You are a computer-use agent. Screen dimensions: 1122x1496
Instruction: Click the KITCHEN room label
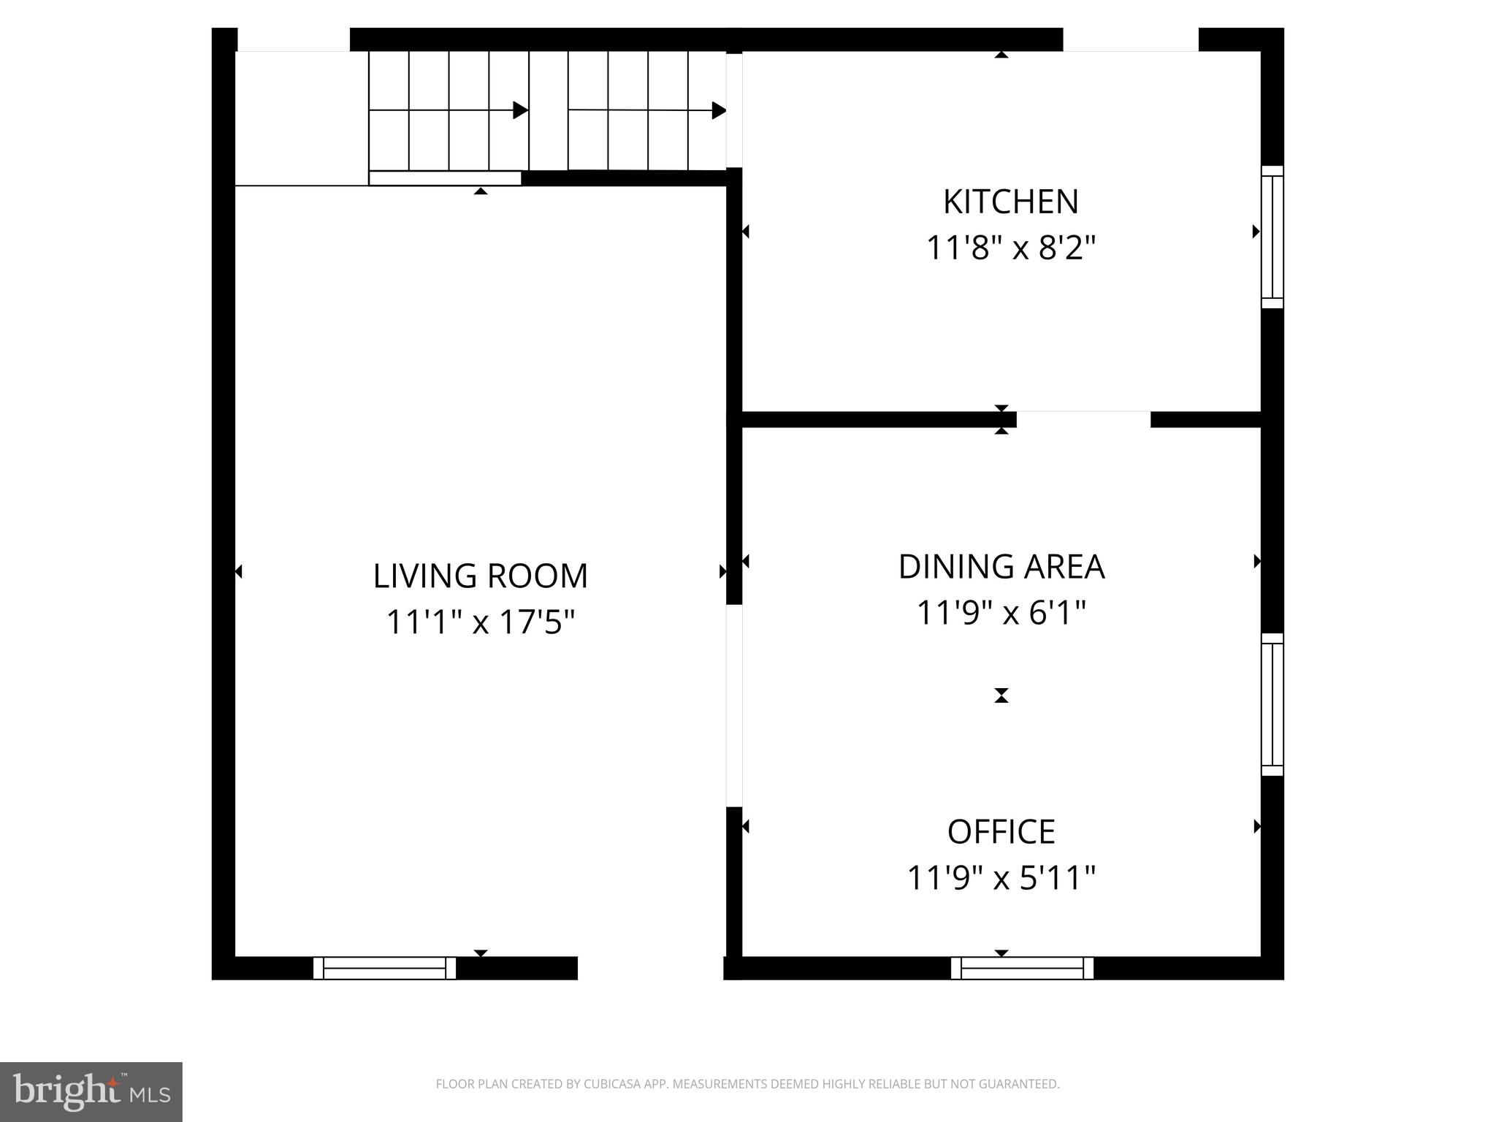pos(1010,202)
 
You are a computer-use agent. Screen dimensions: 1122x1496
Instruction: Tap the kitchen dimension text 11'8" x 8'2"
pos(1011,248)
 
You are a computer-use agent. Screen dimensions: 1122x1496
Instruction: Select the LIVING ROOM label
pos(480,576)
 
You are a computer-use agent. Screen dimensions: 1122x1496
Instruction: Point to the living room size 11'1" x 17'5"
pos(480,623)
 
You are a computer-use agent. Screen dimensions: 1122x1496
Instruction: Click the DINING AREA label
pos(1001,568)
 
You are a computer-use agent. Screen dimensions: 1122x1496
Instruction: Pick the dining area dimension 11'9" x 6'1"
pos(1001,613)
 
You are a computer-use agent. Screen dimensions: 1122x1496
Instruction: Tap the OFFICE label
pos(1001,832)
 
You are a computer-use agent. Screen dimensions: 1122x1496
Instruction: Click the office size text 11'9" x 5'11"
pos(1001,878)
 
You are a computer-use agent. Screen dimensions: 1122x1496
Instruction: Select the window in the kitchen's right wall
pos(1272,237)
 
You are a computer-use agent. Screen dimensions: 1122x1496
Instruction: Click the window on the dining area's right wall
pos(1272,704)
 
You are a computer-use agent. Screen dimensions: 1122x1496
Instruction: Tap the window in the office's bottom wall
pos(1022,968)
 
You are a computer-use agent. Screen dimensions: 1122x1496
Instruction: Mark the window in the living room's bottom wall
pos(384,968)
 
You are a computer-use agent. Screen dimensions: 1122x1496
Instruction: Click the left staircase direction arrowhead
pos(520,110)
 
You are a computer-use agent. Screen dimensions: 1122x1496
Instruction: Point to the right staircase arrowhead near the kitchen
pos(719,111)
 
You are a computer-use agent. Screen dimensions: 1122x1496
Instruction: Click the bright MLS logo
pos(91,1091)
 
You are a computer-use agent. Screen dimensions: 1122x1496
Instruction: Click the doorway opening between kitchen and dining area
pos(1083,419)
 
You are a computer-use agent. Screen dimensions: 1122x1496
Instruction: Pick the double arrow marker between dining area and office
pos(1001,695)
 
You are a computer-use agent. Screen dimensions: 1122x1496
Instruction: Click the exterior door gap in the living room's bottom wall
pos(650,968)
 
